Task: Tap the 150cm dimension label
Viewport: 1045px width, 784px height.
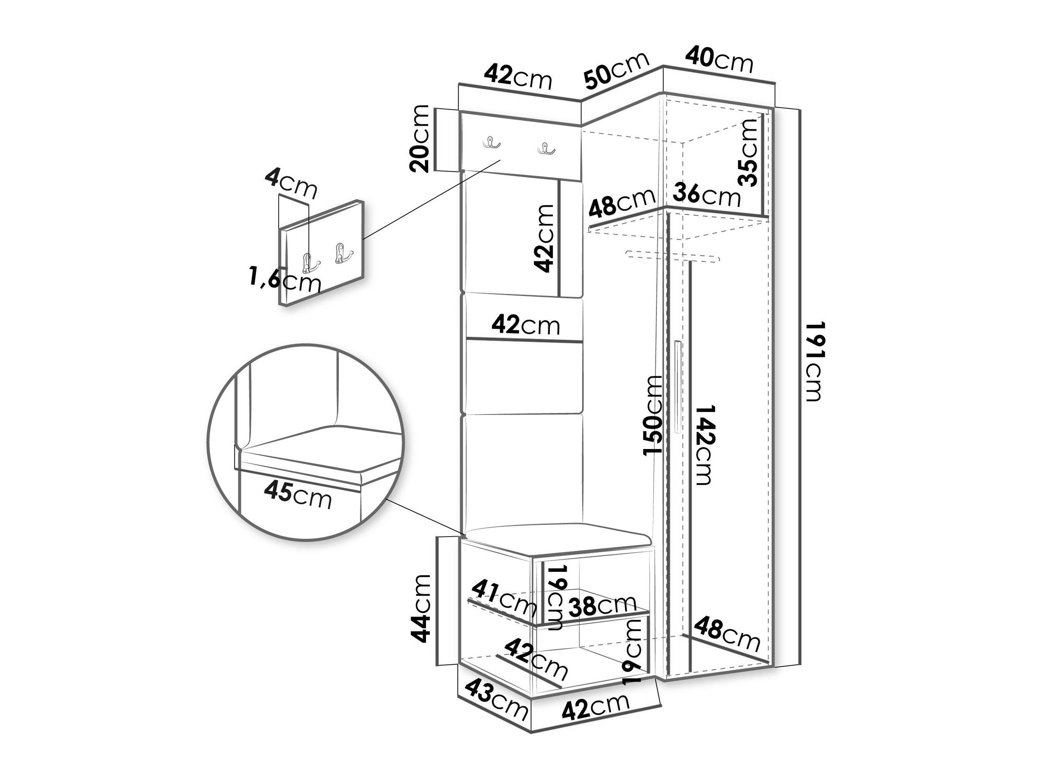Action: (653, 415)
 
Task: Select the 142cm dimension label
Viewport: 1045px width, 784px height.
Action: (705, 445)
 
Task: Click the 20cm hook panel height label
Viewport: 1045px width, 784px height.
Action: (419, 138)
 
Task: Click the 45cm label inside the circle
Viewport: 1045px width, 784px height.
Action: (298, 495)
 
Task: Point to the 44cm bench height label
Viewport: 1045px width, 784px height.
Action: (421, 609)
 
